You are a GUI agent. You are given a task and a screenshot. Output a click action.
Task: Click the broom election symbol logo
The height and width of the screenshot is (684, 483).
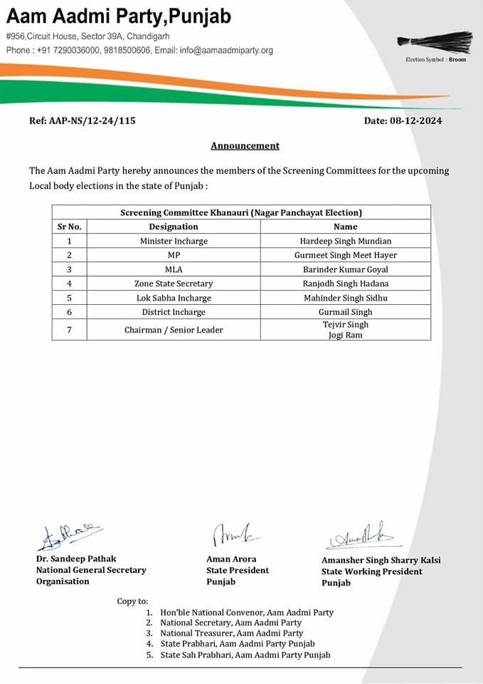[x=434, y=41]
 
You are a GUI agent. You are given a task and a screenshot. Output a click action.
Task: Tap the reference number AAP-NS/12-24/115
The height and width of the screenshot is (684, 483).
[x=83, y=120]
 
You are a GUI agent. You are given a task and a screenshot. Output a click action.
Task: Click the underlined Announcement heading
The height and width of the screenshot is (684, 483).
[x=245, y=145]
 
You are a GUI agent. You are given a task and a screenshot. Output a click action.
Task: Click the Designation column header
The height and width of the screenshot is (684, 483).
[x=174, y=227]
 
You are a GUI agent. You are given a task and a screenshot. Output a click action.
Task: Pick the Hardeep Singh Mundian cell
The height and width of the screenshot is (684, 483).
[x=346, y=241]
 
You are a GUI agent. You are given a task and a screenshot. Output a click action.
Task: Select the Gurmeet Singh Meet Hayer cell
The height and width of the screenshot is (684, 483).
[x=346, y=255]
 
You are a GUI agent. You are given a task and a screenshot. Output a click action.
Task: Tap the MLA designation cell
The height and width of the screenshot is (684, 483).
[x=174, y=269]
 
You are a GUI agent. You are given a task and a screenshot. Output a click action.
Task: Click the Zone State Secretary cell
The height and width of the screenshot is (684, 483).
[x=174, y=284]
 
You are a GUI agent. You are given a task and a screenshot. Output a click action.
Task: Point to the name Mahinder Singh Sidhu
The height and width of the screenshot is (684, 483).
[x=346, y=298]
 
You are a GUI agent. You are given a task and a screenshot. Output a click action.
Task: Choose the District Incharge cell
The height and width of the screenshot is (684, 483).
[x=174, y=312]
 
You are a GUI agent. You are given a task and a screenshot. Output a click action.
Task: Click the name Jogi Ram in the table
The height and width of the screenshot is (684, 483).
[x=346, y=335]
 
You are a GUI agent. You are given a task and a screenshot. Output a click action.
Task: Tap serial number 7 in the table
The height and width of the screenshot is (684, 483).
[x=70, y=330]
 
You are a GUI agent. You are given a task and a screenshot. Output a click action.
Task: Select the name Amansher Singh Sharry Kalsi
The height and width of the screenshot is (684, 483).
[x=381, y=560]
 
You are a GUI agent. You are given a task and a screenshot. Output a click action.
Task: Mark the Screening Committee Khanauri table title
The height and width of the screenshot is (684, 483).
[x=241, y=212]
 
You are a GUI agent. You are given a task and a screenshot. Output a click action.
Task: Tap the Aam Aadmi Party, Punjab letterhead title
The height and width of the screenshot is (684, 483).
[x=119, y=16]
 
